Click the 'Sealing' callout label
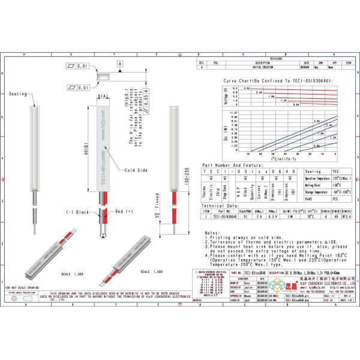(x=17, y=94)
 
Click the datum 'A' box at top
(x=120, y=63)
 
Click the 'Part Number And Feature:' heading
(x=233, y=164)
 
